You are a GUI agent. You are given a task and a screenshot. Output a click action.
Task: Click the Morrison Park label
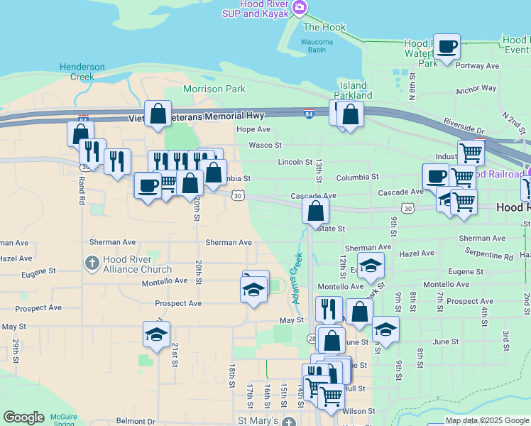pos(214,89)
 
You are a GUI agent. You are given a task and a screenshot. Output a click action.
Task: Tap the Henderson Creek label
pos(82,71)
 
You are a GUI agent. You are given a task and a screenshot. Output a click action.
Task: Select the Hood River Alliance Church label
pos(137,264)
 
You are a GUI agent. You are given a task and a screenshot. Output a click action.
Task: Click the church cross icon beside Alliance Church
pos(92,264)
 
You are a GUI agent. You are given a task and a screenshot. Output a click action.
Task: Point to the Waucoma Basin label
pos(317,45)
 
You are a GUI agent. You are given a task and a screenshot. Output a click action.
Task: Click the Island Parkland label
pos(352,90)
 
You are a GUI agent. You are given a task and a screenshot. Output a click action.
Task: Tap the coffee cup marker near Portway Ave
pos(447,47)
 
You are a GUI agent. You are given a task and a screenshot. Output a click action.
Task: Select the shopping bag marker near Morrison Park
pos(158,113)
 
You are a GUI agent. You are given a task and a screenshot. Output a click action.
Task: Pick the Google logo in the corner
pos(23,417)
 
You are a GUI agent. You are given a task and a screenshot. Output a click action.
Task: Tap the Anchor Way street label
pos(476,89)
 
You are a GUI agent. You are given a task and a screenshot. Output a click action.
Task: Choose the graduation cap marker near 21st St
pos(156,334)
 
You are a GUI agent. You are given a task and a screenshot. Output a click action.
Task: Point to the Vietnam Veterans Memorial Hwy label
pos(197,116)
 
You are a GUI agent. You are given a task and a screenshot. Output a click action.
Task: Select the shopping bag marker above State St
pos(315,210)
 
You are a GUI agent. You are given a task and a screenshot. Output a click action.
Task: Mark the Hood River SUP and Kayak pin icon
pos(300,7)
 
